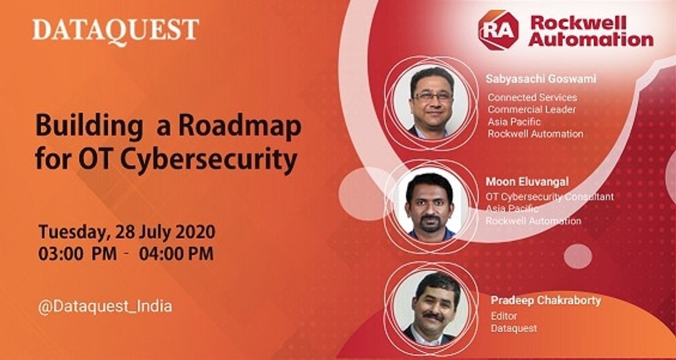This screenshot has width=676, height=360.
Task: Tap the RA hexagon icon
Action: click(498, 30)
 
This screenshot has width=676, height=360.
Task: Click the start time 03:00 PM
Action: click(77, 254)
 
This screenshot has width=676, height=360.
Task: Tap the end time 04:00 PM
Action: click(176, 254)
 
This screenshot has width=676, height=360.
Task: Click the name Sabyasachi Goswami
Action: click(540, 79)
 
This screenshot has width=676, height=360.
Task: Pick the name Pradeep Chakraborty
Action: click(545, 301)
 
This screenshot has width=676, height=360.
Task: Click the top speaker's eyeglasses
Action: click(432, 96)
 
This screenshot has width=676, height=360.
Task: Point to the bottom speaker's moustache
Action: click(433, 317)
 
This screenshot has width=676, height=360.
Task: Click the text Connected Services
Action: click(532, 97)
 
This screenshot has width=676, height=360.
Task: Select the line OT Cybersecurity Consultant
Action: click(549, 197)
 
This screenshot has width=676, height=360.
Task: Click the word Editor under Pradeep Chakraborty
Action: click(503, 316)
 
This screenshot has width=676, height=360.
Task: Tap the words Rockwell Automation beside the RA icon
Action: click(590, 31)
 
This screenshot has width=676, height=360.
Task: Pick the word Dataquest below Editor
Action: click(514, 328)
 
